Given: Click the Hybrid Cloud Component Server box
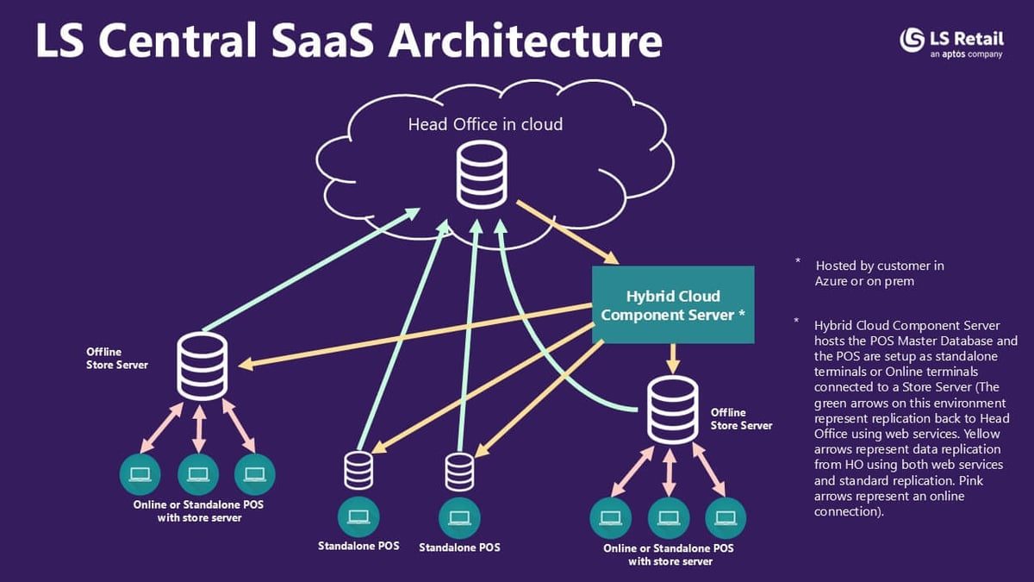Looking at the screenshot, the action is coord(673,305).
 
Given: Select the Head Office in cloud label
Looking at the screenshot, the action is coord(485,124).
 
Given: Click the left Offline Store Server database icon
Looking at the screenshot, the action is coord(202,366).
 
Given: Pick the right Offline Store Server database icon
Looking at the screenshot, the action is coord(673,410).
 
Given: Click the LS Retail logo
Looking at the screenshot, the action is coord(951,43).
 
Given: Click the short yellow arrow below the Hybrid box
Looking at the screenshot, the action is coord(673,358).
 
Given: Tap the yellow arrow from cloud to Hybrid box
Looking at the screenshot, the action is coord(568,232).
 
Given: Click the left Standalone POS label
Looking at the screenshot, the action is coord(358,546).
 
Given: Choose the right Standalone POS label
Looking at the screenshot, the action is coord(459,548).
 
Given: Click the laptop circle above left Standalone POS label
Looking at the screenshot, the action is coord(358,517).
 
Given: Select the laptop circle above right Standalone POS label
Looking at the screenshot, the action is coord(459,518).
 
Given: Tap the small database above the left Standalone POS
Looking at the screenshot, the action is coord(358,470).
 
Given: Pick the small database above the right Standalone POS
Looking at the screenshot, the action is coord(459,472).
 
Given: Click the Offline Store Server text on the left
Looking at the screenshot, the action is coord(117,359).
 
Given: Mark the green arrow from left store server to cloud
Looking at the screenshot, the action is coord(311,270).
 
